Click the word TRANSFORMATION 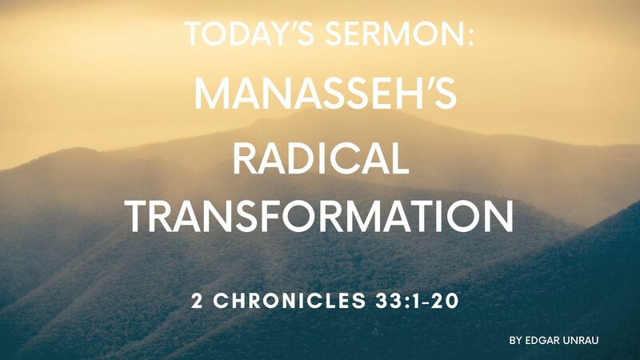tap(320, 216)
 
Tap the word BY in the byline tap(515, 340)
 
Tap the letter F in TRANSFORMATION tap(300, 216)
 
